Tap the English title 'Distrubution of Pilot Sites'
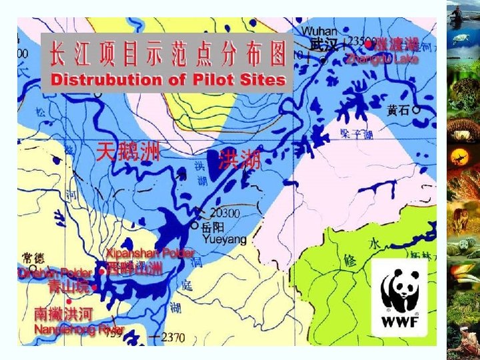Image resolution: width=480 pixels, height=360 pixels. [167, 80]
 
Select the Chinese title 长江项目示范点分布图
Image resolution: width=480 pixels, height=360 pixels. [167, 52]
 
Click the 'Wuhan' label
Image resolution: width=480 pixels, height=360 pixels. [321, 31]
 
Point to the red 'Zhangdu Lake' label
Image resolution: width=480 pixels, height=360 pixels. [382, 59]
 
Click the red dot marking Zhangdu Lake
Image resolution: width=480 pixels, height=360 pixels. [368, 45]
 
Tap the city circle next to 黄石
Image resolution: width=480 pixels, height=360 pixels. [416, 109]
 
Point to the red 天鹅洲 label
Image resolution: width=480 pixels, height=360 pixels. [128, 153]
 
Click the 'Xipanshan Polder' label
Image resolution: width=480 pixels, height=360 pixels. [151, 254]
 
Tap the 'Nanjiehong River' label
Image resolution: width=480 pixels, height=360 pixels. [79, 329]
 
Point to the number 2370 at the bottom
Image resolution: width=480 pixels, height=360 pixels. [170, 338]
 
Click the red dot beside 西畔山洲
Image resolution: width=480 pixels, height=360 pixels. [101, 271]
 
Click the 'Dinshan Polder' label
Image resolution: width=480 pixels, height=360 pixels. [55, 273]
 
